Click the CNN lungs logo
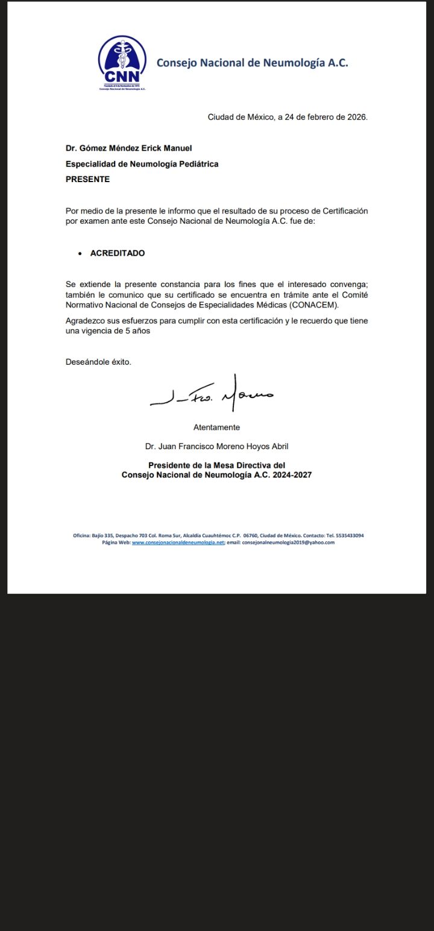122,60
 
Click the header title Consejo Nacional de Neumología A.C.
252,63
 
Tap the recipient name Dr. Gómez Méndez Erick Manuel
128,148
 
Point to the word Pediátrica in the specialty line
198,164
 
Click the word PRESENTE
87,179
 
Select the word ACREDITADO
118,253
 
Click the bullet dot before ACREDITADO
80,254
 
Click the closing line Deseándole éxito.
98,362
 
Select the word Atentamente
216,428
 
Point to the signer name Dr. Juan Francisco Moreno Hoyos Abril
216,447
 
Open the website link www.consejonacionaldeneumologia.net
178,543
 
